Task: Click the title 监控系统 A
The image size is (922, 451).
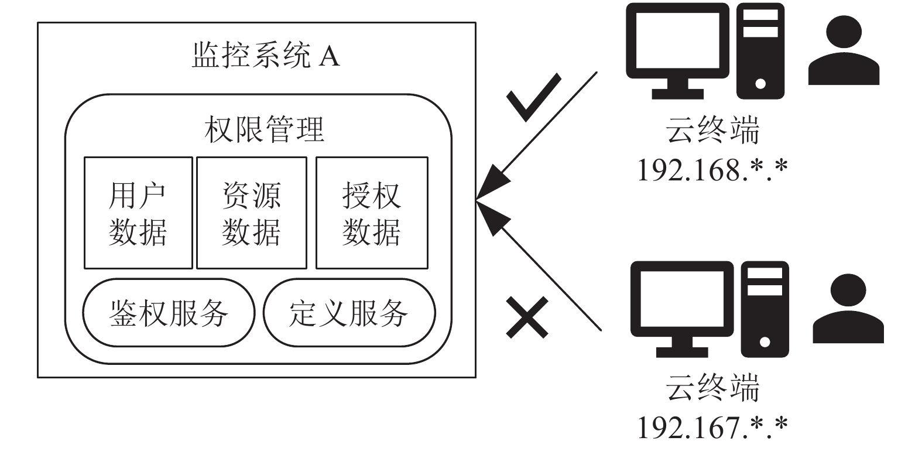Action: coord(266,55)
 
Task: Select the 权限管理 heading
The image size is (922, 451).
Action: coord(264,129)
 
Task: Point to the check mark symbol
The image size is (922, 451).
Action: coord(533,98)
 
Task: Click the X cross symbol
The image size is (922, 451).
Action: coord(527,317)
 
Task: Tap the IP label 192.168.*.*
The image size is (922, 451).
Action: coord(712,170)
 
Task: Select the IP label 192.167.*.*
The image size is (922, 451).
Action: coord(712,428)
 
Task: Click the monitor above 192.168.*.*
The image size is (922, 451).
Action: coord(677,51)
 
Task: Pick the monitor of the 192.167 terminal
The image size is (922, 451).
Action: coord(682,309)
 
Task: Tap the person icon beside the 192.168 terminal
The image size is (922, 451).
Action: coord(844,50)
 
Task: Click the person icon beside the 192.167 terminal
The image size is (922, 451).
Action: coord(848,308)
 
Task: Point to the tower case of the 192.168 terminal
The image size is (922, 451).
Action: coord(760,51)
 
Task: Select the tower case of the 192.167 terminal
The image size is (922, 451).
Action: coord(765,309)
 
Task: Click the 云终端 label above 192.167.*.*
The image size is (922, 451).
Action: coord(712,388)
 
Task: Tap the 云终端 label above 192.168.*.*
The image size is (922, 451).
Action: coord(712,130)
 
